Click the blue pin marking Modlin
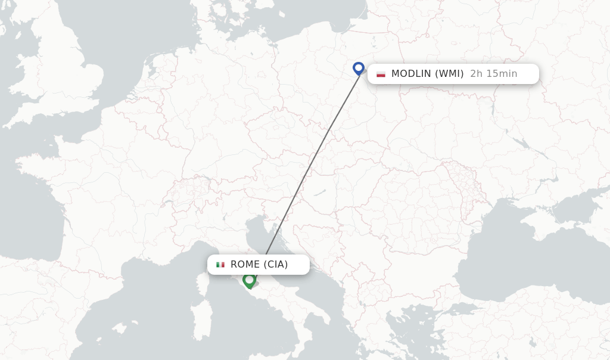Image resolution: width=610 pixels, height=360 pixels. pyautogui.click(x=358, y=68)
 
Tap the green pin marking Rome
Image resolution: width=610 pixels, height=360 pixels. pyautogui.click(x=249, y=280)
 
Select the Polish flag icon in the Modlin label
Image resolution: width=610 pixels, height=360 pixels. pyautogui.click(x=381, y=74)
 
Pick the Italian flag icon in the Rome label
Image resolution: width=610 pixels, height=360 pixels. pyautogui.click(x=220, y=265)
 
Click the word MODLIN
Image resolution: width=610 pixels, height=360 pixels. pyautogui.click(x=411, y=74)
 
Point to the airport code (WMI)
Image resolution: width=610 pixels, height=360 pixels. pyautogui.click(x=449, y=74)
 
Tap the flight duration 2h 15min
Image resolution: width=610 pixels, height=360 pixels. pyautogui.click(x=493, y=74)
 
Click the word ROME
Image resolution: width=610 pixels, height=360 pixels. pyautogui.click(x=245, y=265)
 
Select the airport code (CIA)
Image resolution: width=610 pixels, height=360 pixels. pyautogui.click(x=276, y=265)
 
